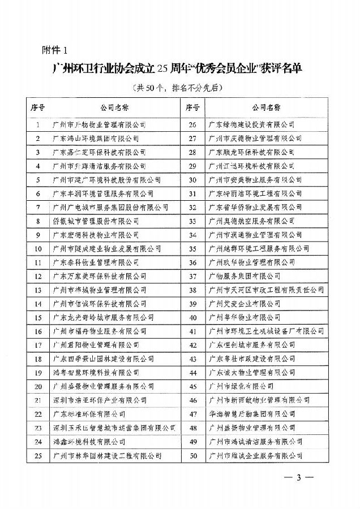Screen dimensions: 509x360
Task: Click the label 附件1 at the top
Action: pos(54,49)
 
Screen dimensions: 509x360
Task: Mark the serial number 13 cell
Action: pos(38,290)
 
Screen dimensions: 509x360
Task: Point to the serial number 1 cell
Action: pos(38,124)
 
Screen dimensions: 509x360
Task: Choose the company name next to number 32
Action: pos(249,207)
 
